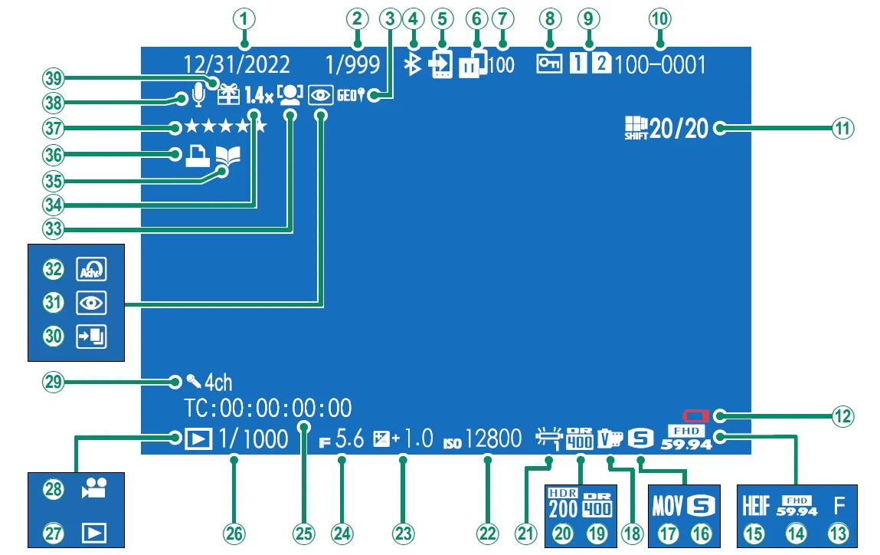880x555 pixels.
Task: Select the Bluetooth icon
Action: point(413,66)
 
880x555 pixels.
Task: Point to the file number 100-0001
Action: point(660,65)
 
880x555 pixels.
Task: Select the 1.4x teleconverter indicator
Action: point(259,95)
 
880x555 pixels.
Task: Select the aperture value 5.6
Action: point(350,439)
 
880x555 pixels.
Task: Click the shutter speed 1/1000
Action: point(254,439)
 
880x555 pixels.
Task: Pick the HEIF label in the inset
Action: point(754,506)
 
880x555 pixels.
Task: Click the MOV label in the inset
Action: point(668,506)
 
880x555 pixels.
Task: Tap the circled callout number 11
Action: point(843,127)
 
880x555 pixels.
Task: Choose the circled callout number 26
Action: point(234,534)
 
